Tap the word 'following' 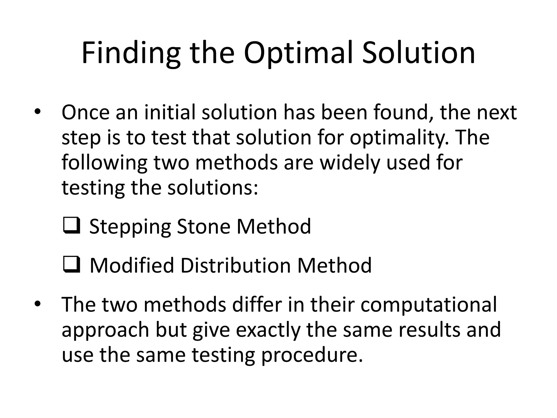(104, 163)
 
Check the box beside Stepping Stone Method (72, 225)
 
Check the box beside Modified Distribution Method (72, 264)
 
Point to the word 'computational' (428, 305)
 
